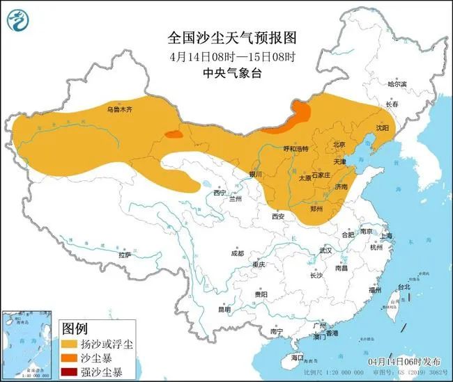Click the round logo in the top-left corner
coord(20,20)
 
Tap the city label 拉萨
coord(124,255)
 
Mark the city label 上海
coord(386,237)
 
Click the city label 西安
coord(279,216)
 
